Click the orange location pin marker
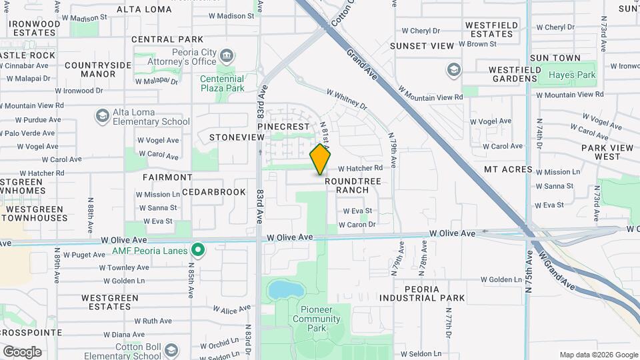[x=321, y=159]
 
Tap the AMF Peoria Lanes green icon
[x=197, y=250]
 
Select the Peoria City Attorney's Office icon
[x=227, y=55]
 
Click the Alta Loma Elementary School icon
[x=102, y=117]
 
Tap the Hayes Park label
[x=572, y=75]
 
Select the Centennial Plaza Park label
[x=222, y=83]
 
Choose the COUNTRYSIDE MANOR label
[x=99, y=69]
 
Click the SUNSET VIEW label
[x=421, y=46]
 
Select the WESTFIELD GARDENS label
[x=513, y=74]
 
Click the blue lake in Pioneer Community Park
[x=285, y=289]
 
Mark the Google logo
[x=22, y=351]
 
